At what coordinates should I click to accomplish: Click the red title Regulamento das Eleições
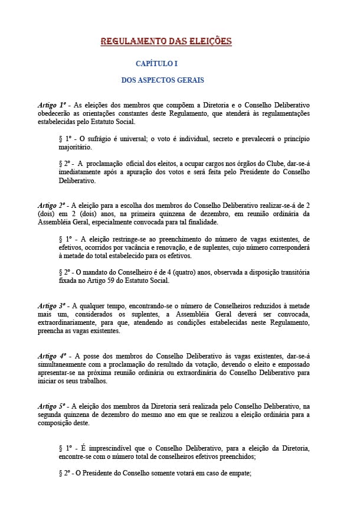(166, 41)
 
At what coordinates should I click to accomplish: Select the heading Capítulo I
(156, 63)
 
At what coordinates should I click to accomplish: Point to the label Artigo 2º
(52, 205)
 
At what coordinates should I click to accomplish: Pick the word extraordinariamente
(68, 322)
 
